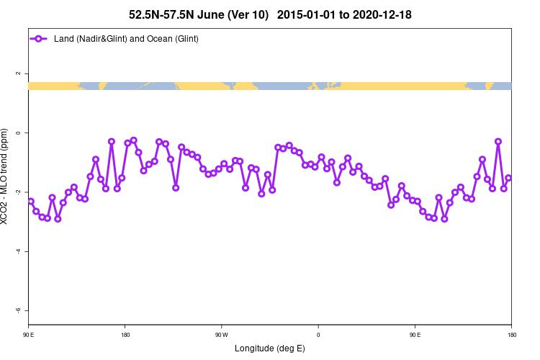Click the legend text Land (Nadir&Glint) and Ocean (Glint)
[126, 38]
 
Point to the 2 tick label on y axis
[19, 73]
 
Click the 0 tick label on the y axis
[19, 132]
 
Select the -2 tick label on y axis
[19, 192]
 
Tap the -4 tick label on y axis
[19, 251]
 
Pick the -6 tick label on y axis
[19, 310]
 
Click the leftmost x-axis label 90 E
[29, 335]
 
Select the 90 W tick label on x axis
[222, 335]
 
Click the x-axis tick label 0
[318, 335]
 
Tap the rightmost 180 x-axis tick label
[511, 335]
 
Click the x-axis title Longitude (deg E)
[270, 349]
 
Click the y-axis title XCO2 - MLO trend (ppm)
[6, 176]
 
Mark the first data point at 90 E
[30, 202]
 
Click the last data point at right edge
[508, 178]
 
